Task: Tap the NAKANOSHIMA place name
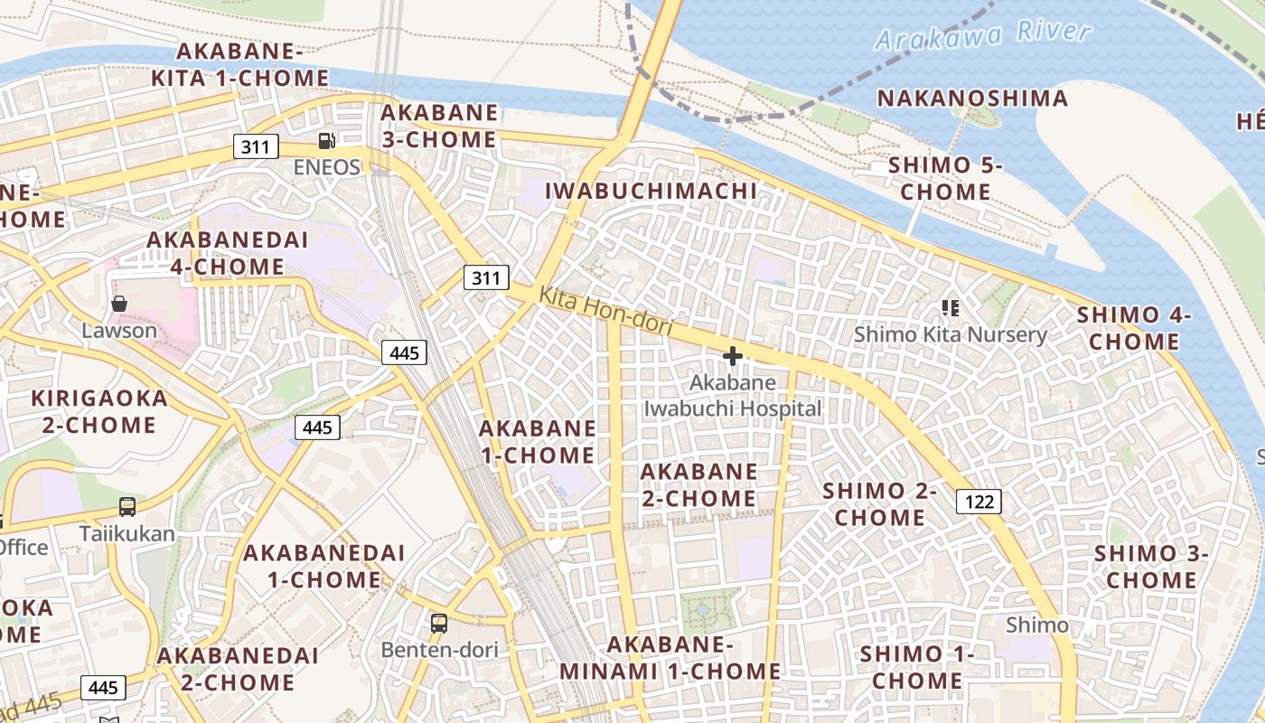[x=973, y=99]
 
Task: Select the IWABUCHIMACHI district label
[x=651, y=191]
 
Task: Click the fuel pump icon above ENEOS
[x=327, y=140]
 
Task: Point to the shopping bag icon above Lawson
[x=118, y=304]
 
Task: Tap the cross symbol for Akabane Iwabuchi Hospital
[x=733, y=356]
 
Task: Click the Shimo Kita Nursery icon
[x=950, y=308]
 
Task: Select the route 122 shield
[x=979, y=502]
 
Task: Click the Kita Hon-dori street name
[x=606, y=311]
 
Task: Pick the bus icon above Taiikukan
[x=127, y=507]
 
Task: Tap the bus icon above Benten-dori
[x=439, y=623]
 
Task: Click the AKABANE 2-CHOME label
[x=698, y=485]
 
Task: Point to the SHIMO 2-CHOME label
[x=879, y=504]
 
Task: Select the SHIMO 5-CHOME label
[x=945, y=178]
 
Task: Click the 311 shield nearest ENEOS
[x=256, y=146]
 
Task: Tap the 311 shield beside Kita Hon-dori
[x=486, y=277]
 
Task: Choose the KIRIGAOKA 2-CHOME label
[x=99, y=411]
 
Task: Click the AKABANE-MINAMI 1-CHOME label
[x=670, y=658]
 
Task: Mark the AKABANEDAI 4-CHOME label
[x=227, y=253]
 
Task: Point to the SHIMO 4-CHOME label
[x=1134, y=328]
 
